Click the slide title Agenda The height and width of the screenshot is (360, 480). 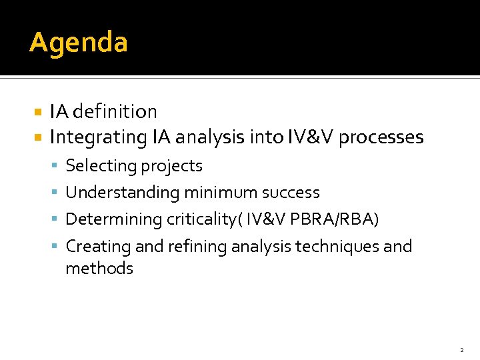point(79,43)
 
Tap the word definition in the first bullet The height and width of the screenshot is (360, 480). point(115,111)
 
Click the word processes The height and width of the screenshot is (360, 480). point(381,137)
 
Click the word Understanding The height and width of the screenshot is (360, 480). point(123,193)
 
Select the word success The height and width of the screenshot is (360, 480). point(291,193)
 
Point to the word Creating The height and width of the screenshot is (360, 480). point(98,246)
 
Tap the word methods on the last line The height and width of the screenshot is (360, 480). point(99,269)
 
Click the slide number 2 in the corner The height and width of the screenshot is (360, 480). point(461,349)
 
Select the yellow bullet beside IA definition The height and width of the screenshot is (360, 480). point(38,112)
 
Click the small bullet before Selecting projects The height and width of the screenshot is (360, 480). point(56,166)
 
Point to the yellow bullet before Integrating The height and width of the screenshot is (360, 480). point(38,138)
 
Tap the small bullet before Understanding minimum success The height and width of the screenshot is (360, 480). point(56,193)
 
